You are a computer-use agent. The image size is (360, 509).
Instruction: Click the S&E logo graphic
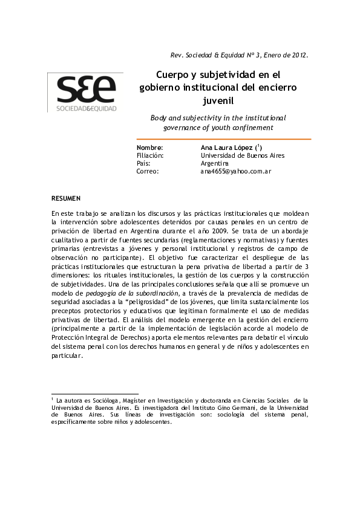87,89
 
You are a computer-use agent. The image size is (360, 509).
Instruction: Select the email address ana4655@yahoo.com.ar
235,171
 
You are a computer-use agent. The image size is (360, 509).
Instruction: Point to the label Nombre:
150,148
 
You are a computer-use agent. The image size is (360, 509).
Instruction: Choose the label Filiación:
150,155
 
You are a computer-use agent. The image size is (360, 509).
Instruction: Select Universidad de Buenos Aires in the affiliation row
242,155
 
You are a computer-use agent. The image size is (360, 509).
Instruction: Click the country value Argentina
215,163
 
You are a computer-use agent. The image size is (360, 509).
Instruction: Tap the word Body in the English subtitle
159,118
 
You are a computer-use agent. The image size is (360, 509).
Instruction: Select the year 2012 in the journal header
298,55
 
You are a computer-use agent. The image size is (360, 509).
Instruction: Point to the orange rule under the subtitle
223,139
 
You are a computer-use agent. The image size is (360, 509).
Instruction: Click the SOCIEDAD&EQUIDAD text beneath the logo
87,109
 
